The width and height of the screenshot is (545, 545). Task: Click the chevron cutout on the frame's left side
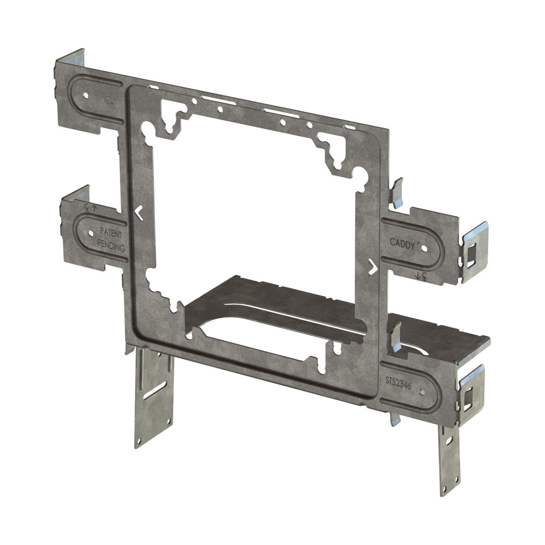coord(139,213)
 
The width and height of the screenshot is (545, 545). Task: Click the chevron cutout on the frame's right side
coord(372,267)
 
